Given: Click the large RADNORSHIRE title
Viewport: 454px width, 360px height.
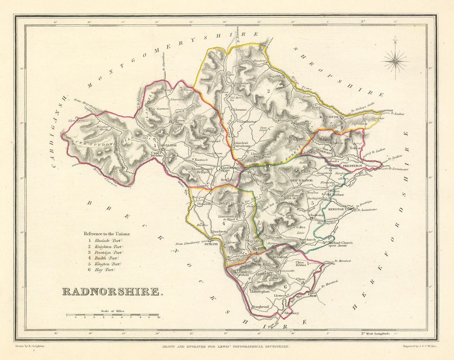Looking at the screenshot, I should coord(112,291).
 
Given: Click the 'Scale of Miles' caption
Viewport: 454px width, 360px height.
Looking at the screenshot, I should coord(113,311).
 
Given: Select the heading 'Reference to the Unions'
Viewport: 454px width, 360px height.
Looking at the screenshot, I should coord(106,234).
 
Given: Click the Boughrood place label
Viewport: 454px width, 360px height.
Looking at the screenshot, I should coord(260,307).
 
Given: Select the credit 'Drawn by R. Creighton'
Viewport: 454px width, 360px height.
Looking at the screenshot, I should coord(31,346).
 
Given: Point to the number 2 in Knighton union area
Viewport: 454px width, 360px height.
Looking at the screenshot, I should coord(269,91).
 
